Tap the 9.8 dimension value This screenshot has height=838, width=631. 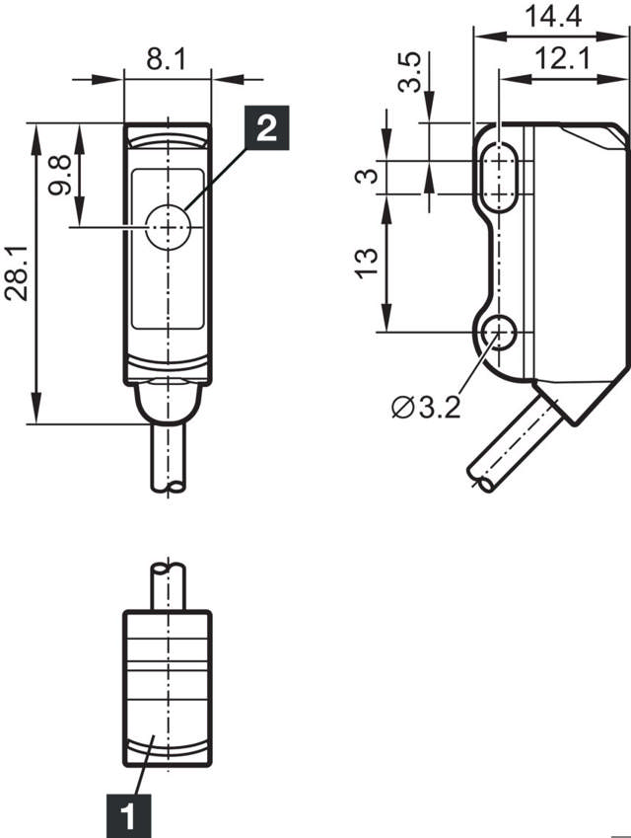pos(61,175)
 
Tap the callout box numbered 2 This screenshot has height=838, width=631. pos(265,127)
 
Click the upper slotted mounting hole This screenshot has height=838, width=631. pos(503,177)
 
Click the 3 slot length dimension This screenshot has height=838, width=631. pos(367,176)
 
